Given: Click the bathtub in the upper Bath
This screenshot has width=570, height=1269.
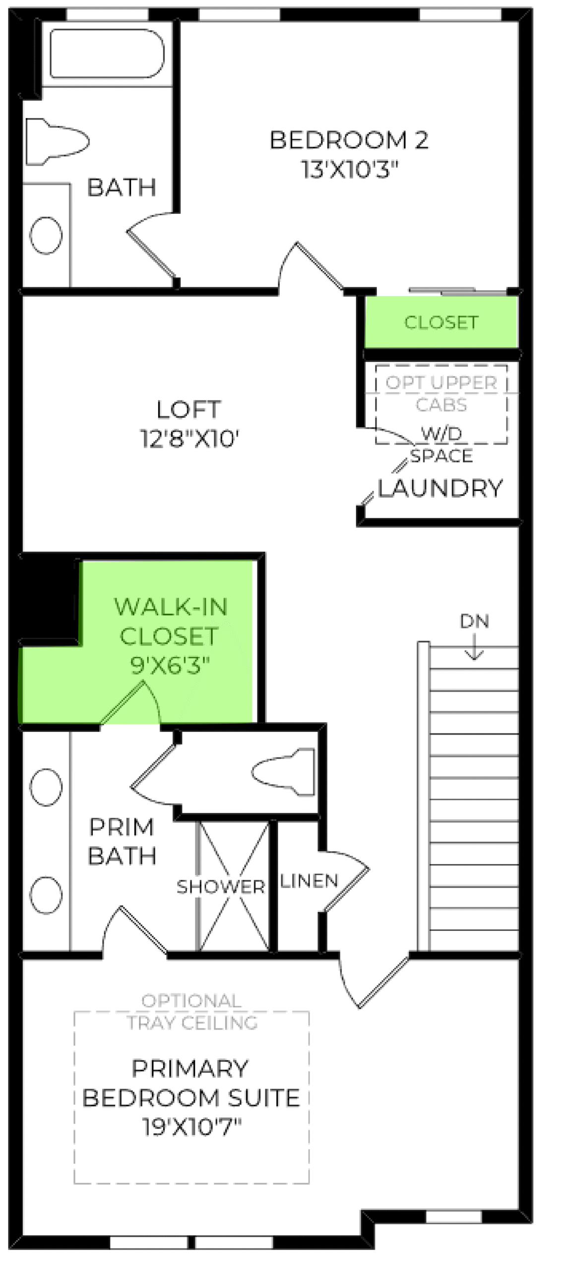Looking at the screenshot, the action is (107, 53).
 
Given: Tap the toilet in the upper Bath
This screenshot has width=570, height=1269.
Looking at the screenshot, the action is (57, 141).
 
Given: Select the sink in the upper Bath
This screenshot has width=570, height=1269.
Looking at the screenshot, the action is (46, 235).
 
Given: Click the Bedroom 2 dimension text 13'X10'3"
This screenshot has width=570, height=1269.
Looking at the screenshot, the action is (350, 170).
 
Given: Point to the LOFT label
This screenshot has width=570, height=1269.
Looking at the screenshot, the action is (188, 409).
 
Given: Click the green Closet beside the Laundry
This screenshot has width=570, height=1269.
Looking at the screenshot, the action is (441, 322).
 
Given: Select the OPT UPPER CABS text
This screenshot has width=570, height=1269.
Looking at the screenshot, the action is (441, 394).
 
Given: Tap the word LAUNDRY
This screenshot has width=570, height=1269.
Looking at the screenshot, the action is (441, 488).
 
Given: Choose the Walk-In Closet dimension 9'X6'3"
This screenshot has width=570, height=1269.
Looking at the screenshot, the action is (170, 665).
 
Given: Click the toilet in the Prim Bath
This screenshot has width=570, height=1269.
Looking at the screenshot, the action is (283, 772).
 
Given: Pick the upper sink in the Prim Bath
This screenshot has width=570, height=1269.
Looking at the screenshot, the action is (46, 787).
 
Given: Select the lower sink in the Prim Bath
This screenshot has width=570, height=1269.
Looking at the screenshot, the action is (46, 895).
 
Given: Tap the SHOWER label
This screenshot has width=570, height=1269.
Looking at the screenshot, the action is (221, 887).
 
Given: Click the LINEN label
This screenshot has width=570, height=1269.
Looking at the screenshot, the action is (309, 881).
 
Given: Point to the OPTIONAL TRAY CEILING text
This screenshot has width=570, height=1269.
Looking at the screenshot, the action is (192, 1012).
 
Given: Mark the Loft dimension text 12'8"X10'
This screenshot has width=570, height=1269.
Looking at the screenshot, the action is (190, 439).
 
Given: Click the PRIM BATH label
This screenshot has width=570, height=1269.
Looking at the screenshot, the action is (122, 842).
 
